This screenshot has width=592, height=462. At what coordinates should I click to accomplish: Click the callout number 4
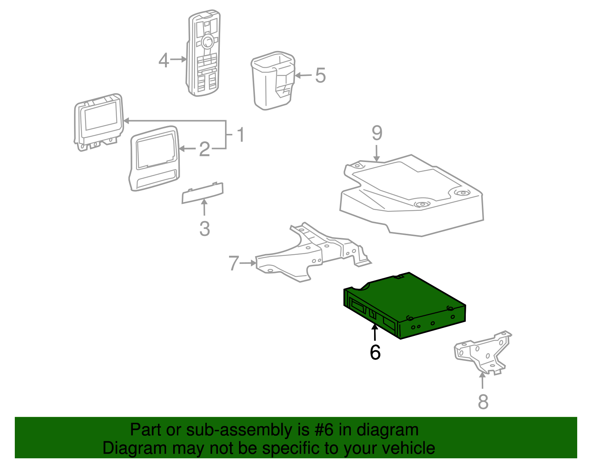tap(164, 60)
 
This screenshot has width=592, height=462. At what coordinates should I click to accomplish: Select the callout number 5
tap(320, 75)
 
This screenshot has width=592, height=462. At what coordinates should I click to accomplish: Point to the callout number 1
tap(240, 135)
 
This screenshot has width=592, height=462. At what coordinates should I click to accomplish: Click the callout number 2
tap(205, 149)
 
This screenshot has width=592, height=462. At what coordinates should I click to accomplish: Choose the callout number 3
tap(205, 229)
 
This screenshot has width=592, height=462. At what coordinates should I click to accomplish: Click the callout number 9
tap(377, 133)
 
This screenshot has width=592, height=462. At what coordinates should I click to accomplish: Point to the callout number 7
tap(234, 263)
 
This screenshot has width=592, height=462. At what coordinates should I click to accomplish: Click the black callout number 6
tap(375, 353)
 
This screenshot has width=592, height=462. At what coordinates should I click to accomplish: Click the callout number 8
tap(483, 402)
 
